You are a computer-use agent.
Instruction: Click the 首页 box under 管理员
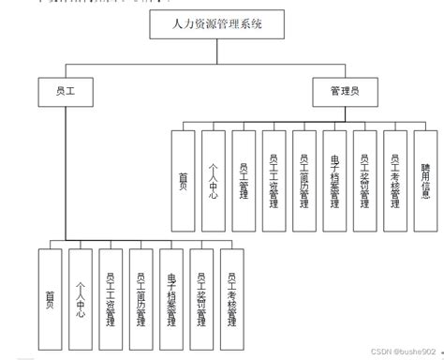(184, 180)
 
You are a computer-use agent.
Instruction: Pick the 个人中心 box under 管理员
(214, 180)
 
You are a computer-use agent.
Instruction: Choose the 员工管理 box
(244, 180)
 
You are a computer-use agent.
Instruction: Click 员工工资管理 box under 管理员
(274, 180)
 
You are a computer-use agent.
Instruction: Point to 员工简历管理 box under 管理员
(304, 180)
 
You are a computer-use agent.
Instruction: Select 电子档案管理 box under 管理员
(334, 180)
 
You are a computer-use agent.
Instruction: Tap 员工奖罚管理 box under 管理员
(365, 180)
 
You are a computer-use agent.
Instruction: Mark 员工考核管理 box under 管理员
(395, 180)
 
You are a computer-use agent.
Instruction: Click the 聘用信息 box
(426, 180)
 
